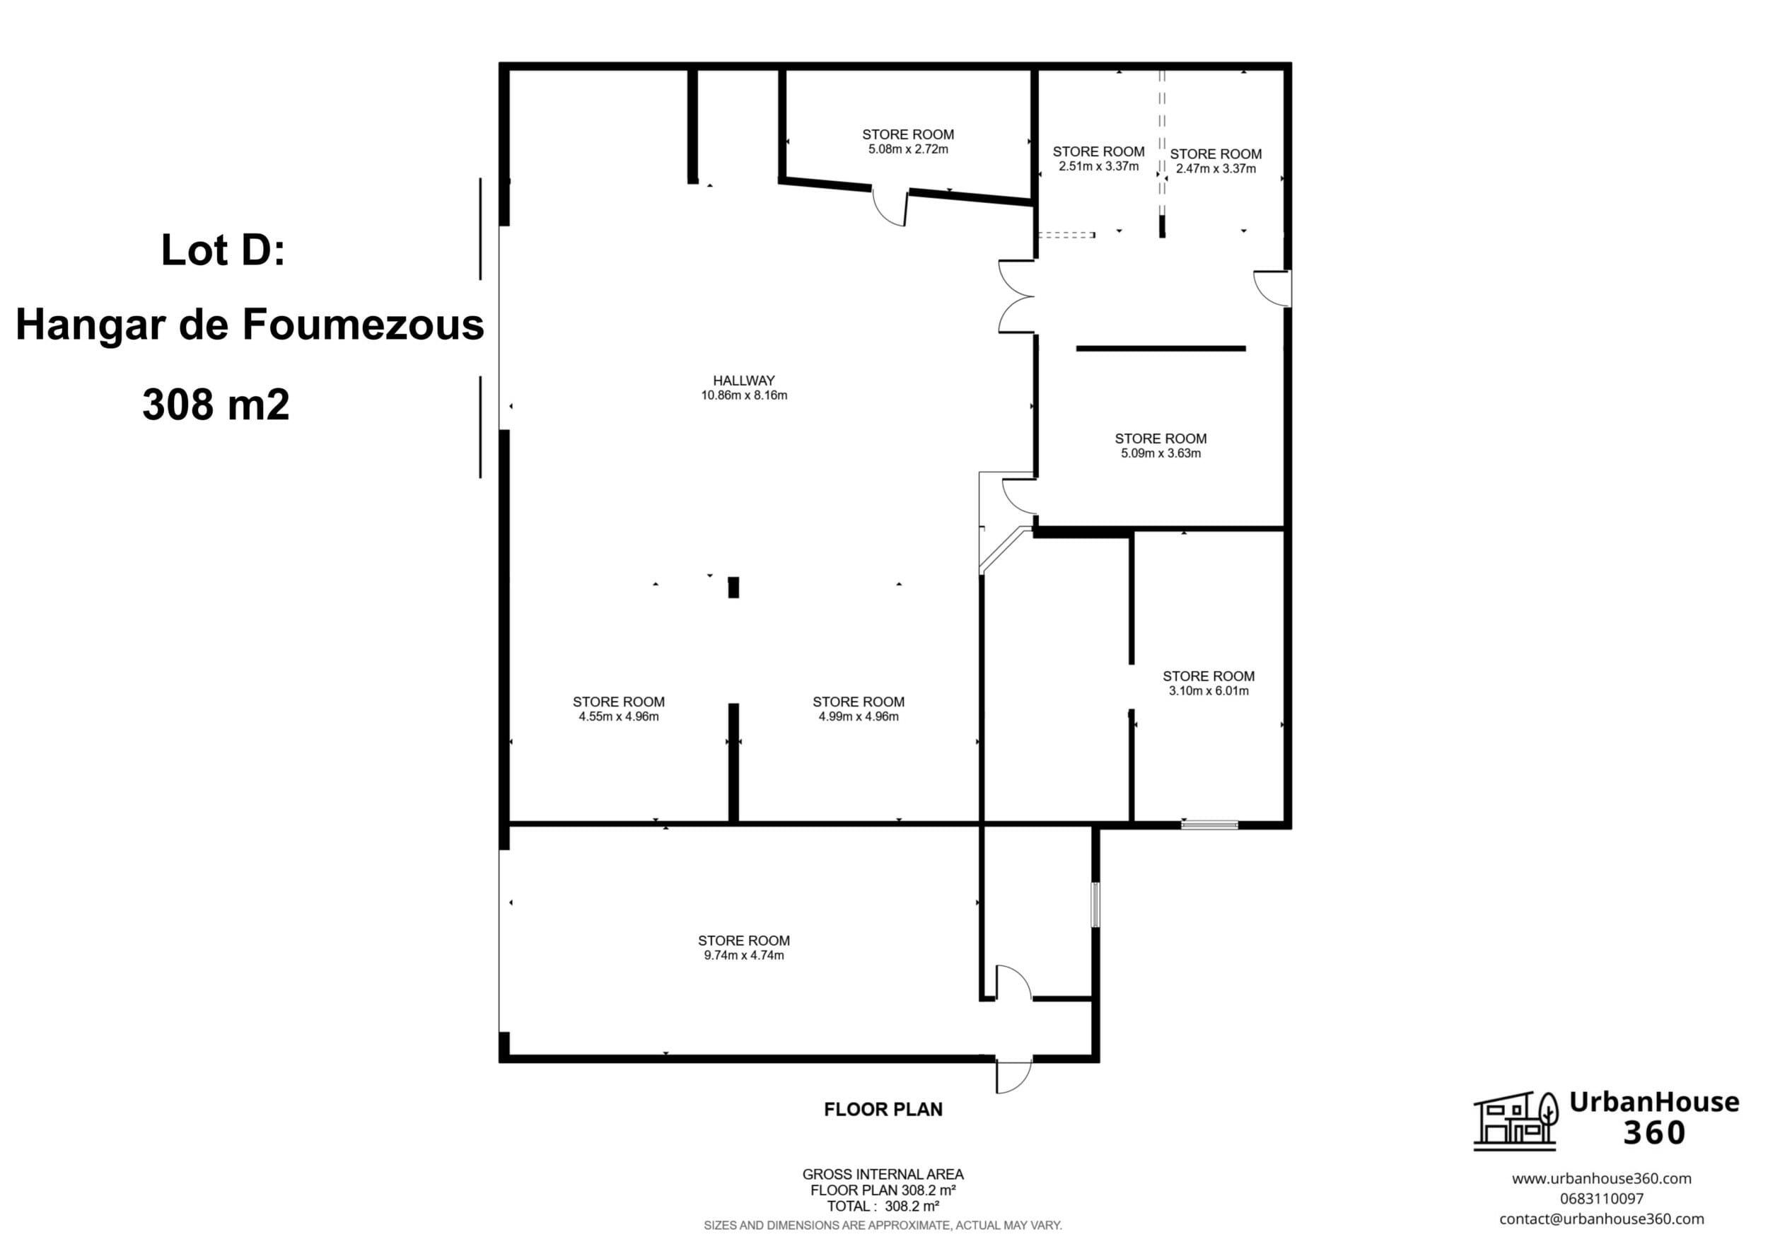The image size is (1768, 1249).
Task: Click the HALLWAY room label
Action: pos(743,380)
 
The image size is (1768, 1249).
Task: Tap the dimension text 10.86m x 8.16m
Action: pos(744,396)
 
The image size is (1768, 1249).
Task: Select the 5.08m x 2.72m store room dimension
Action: pos(908,149)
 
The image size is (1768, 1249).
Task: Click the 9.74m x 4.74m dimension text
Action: pos(744,955)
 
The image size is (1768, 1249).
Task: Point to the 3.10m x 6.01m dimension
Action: pos(1209,691)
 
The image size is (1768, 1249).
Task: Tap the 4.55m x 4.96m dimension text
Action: pos(618,717)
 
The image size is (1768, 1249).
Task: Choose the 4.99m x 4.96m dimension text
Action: pos(859,717)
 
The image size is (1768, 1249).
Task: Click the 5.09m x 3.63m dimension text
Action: pos(1161,453)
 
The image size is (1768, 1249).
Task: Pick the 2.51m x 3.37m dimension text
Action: pos(1098,166)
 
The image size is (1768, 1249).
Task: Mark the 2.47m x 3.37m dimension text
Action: pos(1216,168)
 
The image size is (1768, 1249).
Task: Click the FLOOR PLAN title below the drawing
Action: pos(883,1110)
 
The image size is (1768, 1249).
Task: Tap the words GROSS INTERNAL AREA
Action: pos(883,1174)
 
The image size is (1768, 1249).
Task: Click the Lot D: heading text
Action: pos(223,250)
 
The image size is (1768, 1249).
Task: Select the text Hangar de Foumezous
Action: pos(250,324)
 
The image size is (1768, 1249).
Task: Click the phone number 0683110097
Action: pos(1602,1199)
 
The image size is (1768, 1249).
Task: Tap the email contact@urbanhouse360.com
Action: pos(1602,1219)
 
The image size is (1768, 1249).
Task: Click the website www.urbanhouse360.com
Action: pos(1602,1178)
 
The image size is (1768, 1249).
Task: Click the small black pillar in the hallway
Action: pos(734,588)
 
